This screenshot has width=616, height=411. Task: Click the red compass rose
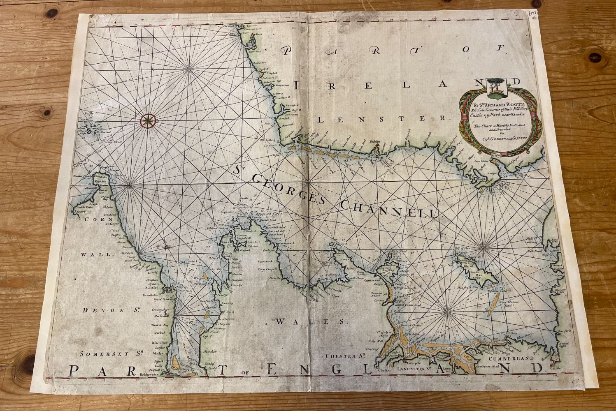click(148, 120)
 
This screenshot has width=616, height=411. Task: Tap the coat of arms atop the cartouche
click(493, 87)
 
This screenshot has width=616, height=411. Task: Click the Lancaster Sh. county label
click(417, 369)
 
